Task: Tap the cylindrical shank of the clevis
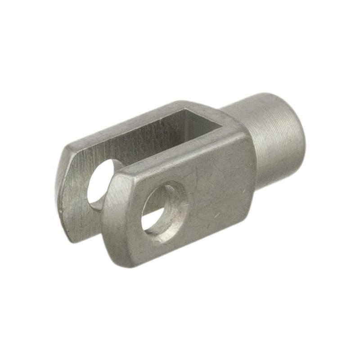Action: click(x=274, y=135)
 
